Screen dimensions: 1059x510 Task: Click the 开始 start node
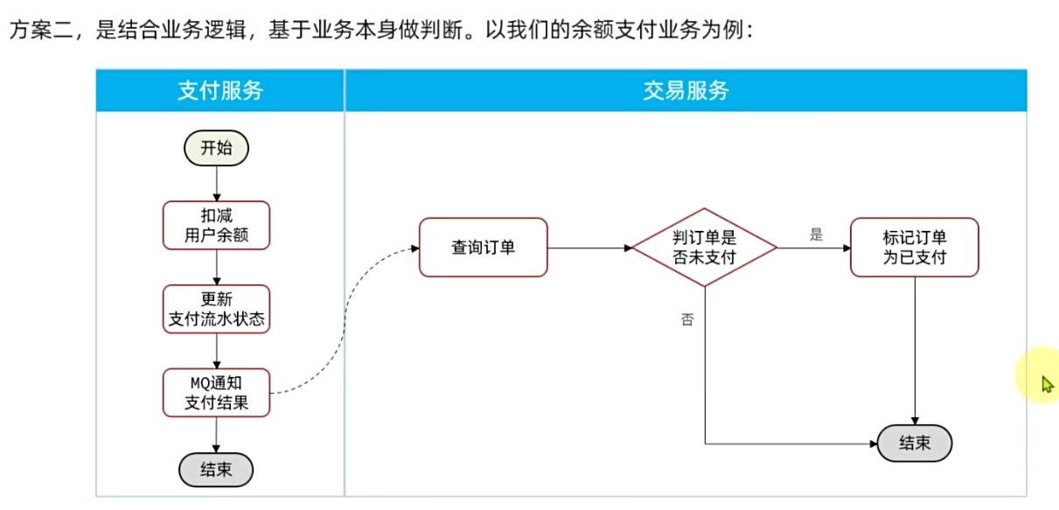[x=216, y=148]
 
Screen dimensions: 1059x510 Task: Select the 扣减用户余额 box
[x=216, y=225]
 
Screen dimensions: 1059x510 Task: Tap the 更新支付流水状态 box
[x=216, y=309]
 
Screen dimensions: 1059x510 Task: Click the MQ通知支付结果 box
[x=216, y=393]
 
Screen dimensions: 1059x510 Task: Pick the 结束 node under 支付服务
[x=216, y=469]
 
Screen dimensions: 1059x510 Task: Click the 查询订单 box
[x=483, y=248]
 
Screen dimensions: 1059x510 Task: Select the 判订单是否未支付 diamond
[x=704, y=248]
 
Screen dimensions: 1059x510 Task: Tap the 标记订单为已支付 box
[x=914, y=248]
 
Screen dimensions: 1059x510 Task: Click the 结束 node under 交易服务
[x=914, y=444]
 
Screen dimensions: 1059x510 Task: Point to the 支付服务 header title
[x=220, y=91]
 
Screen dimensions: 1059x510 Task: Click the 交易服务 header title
[x=686, y=91]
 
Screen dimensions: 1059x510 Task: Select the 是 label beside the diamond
[x=816, y=234]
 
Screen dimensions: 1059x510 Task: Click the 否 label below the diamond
[x=687, y=319]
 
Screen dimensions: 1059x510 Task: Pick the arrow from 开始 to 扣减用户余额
[x=216, y=184]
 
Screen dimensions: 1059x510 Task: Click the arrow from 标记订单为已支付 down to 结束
[x=915, y=350]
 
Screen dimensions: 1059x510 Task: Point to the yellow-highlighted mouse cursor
[x=1046, y=382]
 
